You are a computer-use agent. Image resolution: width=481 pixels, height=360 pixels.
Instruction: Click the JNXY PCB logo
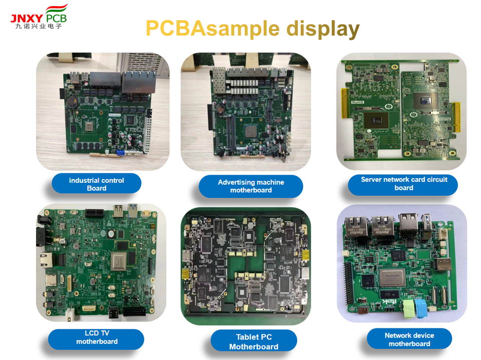(39, 16)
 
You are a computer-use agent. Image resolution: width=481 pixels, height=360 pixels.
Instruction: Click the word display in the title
(323, 29)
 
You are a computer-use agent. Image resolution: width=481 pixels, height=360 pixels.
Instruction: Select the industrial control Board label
(96, 184)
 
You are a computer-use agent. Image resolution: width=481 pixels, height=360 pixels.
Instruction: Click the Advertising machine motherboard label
(251, 186)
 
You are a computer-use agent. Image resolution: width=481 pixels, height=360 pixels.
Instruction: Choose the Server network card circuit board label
(403, 183)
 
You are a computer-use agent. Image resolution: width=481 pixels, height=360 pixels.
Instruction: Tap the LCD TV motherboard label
(97, 337)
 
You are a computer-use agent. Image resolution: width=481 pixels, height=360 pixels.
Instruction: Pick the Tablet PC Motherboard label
(254, 341)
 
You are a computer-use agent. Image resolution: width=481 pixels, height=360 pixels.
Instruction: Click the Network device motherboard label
(409, 339)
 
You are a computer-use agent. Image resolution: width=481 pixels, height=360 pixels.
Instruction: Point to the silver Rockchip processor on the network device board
(393, 277)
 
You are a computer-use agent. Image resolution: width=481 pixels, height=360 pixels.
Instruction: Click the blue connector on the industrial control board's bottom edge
(120, 152)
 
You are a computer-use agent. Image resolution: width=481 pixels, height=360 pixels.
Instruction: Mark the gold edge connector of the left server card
(344, 110)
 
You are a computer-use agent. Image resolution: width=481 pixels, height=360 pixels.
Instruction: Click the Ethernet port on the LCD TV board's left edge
(46, 259)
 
